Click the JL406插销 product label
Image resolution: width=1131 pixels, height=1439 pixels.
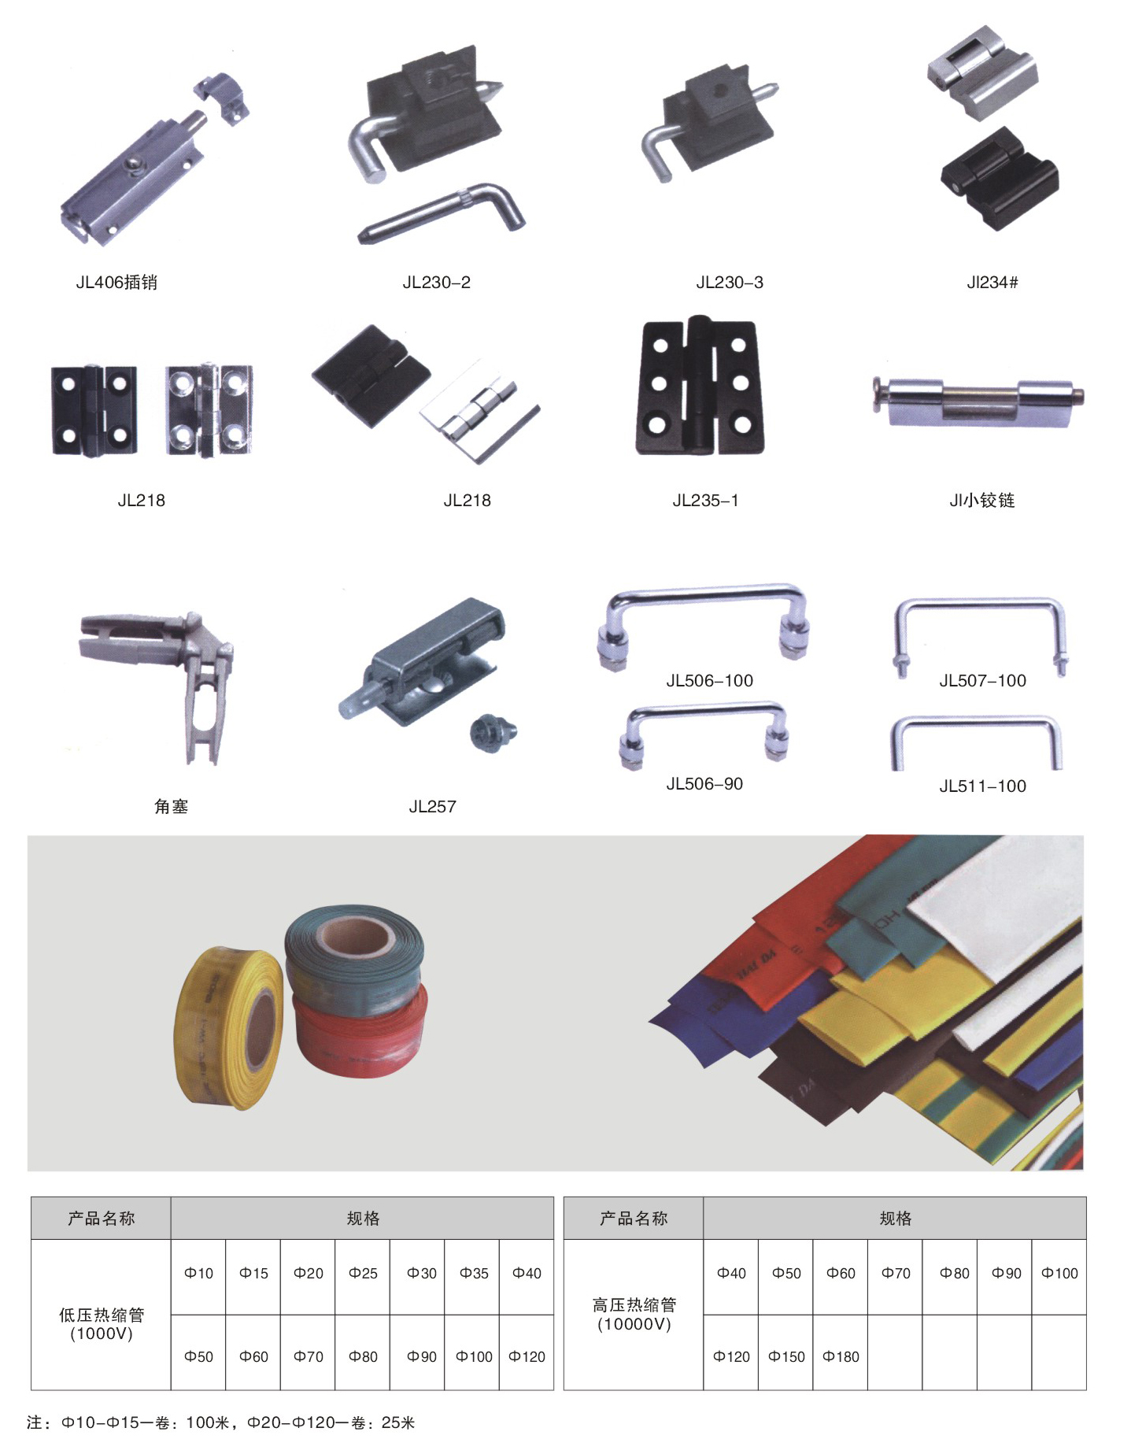pyautogui.click(x=116, y=283)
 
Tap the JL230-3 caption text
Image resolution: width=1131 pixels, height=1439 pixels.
pyautogui.click(x=730, y=283)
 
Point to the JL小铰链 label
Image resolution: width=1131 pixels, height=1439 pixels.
pyautogui.click(x=982, y=500)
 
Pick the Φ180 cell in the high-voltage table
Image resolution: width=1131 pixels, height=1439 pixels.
pyautogui.click(x=841, y=1356)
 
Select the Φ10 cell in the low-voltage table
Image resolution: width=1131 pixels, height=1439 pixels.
pyautogui.click(x=198, y=1273)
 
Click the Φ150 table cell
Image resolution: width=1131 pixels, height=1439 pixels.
pyautogui.click(x=786, y=1356)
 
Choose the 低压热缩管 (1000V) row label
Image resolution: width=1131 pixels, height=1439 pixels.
pyautogui.click(x=102, y=1324)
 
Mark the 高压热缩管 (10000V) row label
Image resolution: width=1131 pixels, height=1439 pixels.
pyautogui.click(x=634, y=1314)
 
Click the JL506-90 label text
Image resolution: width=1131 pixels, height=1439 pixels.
pyautogui.click(x=704, y=784)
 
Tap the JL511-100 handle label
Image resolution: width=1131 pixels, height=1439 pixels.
pyautogui.click(x=982, y=786)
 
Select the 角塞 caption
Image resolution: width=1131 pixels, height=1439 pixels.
pyautogui.click(x=171, y=806)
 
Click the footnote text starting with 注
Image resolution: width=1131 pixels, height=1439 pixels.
pyautogui.click(x=221, y=1422)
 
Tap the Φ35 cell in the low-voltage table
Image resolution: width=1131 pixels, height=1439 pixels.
pyautogui.click(x=474, y=1273)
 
